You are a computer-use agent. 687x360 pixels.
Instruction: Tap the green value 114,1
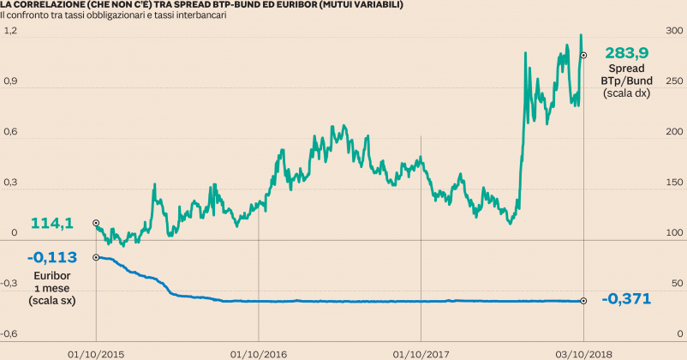coord(52,223)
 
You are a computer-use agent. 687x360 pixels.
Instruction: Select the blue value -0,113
coord(52,256)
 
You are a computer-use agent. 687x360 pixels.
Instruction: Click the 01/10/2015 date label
coord(95,352)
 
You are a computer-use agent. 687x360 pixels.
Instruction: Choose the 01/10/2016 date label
coord(258,352)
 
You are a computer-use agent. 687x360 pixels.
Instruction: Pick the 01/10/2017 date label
coord(421,352)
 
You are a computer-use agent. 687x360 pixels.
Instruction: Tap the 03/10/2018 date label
coord(583,352)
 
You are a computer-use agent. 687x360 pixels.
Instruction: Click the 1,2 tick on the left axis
coord(10,30)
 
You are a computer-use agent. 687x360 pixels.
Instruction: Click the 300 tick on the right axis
coord(674,30)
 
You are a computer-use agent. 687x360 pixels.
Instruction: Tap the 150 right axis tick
coord(674,182)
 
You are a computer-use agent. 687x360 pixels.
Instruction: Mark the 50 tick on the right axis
coord(677,283)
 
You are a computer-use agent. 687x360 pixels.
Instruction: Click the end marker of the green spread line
coord(583,56)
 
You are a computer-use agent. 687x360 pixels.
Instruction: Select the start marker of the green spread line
coord(96,223)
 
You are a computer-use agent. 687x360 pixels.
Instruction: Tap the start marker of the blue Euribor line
coord(96,256)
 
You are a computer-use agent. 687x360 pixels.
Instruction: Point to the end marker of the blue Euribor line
coord(583,301)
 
